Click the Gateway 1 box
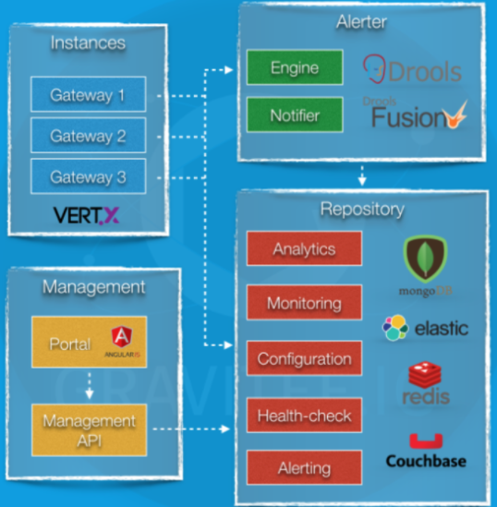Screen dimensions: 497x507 click(89, 94)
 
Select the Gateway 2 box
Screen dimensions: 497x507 click(89, 135)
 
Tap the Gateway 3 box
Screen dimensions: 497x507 click(89, 176)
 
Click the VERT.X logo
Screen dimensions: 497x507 click(86, 215)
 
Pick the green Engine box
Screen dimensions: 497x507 click(295, 67)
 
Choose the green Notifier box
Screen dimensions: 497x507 click(295, 115)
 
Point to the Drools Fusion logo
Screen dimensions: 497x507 click(416, 114)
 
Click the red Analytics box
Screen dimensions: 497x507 click(304, 248)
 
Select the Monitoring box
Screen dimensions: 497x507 click(304, 302)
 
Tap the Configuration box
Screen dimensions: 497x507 click(304, 358)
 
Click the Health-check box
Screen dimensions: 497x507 click(304, 416)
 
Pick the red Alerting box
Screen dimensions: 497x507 click(304, 467)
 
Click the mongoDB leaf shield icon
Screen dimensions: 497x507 click(425, 260)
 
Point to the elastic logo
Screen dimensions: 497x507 click(425, 328)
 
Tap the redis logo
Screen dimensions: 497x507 click(426, 383)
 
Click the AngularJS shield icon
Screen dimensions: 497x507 click(122, 336)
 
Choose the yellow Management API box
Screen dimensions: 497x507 click(90, 429)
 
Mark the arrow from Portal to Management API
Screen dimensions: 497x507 click(90, 385)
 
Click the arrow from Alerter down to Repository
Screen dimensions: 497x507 click(362, 175)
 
